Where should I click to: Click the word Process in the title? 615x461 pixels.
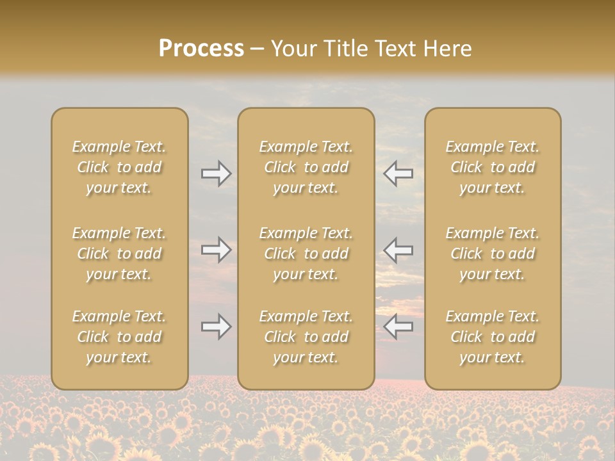(201, 49)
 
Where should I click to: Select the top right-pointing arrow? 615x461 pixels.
(217, 174)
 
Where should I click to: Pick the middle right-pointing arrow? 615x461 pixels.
(217, 250)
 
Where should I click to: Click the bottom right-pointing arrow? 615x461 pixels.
(217, 327)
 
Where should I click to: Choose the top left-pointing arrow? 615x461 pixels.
(398, 174)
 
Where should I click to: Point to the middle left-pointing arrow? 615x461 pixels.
(398, 250)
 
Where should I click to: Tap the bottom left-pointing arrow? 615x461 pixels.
(398, 327)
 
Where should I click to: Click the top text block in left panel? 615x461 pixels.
(119, 167)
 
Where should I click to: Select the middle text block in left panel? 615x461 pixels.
(119, 254)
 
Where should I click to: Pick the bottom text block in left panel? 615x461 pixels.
(119, 337)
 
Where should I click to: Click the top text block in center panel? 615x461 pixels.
(306, 167)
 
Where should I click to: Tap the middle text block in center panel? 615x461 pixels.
(306, 254)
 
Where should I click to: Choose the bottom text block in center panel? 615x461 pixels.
(306, 337)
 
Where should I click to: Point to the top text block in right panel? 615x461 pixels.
(493, 167)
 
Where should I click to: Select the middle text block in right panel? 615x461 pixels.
(493, 254)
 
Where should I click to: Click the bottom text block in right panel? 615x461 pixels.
(493, 337)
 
